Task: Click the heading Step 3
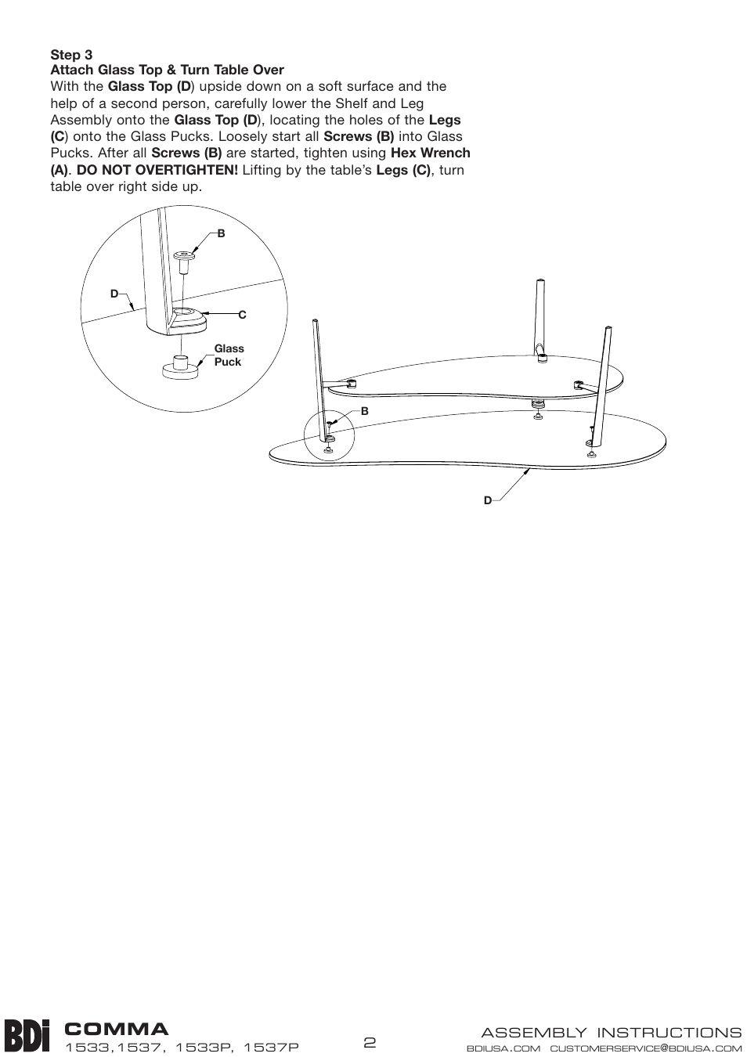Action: click(71, 55)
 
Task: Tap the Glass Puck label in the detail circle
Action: click(229, 355)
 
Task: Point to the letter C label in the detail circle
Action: click(242, 315)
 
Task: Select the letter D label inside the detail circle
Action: click(114, 294)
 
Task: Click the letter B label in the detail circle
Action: click(221, 233)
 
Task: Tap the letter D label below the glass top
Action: click(487, 500)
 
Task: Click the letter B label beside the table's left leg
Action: click(364, 410)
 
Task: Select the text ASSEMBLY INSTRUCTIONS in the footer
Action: click(611, 1033)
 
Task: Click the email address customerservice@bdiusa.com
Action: click(646, 1048)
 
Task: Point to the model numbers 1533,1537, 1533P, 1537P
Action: click(182, 1048)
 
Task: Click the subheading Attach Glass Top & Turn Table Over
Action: click(167, 70)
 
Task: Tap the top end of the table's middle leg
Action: click(540, 280)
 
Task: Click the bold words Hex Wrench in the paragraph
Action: click(430, 153)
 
